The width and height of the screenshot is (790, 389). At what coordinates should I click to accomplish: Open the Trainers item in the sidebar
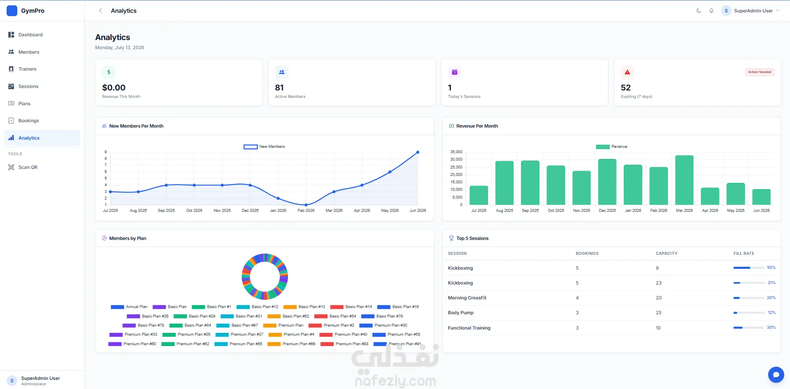tap(27, 69)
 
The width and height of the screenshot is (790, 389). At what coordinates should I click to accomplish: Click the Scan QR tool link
tap(28, 167)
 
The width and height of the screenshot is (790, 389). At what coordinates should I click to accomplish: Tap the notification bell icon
tap(711, 11)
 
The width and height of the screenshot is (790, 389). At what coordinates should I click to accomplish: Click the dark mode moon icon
tap(698, 11)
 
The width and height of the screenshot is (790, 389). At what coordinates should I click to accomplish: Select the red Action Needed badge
tap(759, 72)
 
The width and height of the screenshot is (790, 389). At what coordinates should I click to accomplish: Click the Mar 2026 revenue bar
tap(684, 180)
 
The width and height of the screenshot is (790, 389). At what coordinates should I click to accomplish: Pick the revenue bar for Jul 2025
tap(479, 195)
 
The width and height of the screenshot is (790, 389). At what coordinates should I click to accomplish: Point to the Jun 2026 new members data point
tap(418, 152)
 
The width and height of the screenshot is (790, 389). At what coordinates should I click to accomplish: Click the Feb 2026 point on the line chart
tap(306, 205)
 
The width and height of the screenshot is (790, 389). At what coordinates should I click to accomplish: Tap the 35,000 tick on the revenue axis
tap(456, 152)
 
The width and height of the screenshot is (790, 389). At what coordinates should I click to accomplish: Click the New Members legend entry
tap(264, 147)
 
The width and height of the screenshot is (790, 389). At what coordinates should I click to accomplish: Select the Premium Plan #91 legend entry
tap(397, 344)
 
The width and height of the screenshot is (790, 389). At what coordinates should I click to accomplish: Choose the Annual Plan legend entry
tap(129, 307)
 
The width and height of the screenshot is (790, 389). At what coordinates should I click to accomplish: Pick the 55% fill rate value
tap(771, 268)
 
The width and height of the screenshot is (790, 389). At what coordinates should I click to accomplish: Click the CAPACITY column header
tap(667, 254)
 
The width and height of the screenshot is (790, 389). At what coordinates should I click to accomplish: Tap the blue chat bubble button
tap(776, 375)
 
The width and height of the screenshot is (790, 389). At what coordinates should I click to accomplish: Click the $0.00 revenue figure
tap(114, 88)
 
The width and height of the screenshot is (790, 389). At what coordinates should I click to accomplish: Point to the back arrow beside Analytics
tap(100, 11)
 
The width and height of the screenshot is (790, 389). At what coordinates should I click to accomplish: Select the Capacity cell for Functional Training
tap(658, 328)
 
